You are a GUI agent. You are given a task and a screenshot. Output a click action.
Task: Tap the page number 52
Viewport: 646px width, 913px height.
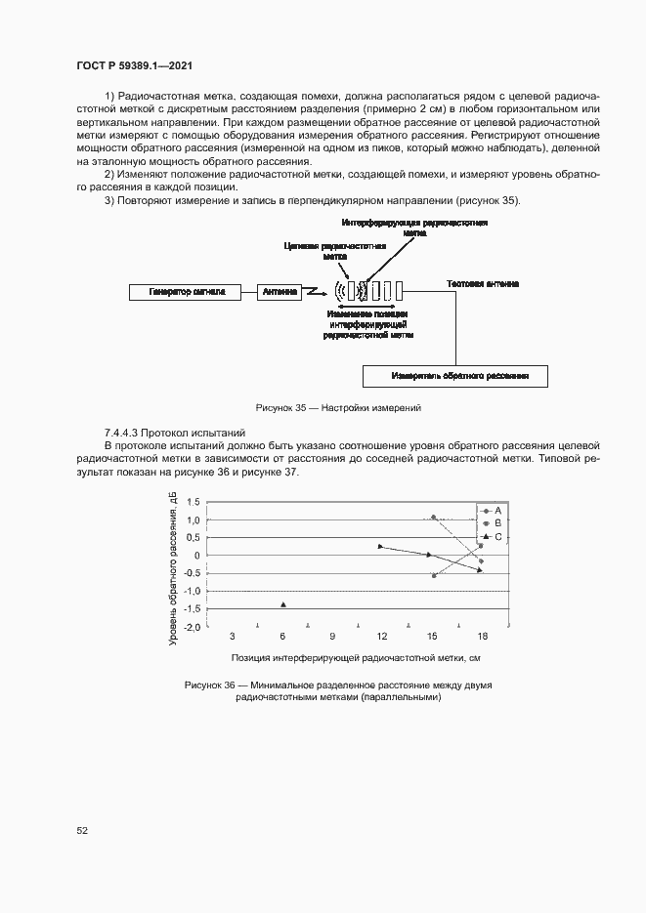tap(82, 831)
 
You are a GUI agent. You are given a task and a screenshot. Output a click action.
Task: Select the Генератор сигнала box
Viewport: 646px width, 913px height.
tap(188, 291)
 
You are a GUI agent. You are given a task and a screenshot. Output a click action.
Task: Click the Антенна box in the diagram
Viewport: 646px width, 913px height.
tap(280, 291)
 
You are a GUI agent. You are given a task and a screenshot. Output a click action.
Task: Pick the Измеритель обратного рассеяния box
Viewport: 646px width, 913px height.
tap(454, 376)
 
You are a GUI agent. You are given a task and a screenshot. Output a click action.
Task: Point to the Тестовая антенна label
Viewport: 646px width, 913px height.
tap(483, 284)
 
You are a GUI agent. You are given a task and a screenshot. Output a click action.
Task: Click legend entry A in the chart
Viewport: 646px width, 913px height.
tap(496, 511)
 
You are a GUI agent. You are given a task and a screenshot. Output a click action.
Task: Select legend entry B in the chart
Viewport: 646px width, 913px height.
tap(496, 523)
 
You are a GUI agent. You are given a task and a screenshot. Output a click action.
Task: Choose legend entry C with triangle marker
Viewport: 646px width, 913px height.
tap(496, 537)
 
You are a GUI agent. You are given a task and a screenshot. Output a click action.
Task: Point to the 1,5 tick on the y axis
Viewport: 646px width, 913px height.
tap(193, 502)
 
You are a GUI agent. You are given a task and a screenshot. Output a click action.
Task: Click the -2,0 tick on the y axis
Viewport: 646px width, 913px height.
tap(192, 627)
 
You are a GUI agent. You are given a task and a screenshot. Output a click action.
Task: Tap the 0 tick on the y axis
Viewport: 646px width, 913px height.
tap(196, 556)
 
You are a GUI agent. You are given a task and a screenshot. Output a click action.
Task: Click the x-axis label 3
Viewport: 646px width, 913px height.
tap(232, 637)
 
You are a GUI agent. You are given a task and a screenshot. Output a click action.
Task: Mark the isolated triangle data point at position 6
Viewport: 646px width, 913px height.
tap(283, 605)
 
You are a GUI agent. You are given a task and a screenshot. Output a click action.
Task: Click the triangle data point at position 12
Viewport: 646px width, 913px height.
tap(380, 546)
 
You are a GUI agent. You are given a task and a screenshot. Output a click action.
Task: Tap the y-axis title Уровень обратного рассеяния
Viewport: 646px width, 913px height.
tap(173, 568)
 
